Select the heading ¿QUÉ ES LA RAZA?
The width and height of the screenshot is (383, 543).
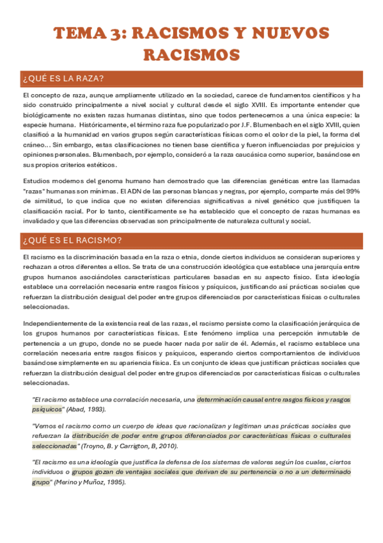[63, 79]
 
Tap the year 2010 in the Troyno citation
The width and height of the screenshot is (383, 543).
[169, 446]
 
